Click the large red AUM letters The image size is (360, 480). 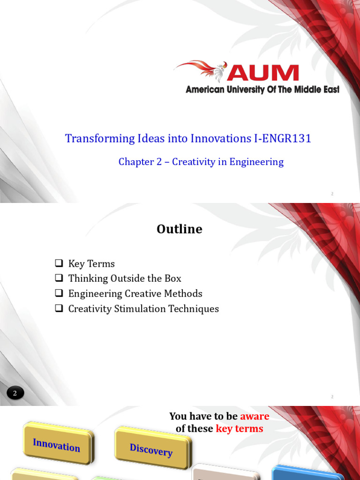click(263, 73)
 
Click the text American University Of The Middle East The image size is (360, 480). click(262, 90)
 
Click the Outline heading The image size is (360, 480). click(180, 229)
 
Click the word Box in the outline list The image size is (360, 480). click(172, 278)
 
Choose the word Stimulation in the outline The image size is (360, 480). click(141, 309)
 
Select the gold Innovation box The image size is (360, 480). click(57, 444)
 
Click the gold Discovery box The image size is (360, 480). click(151, 450)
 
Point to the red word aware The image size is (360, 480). click(255, 416)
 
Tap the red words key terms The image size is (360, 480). click(239, 428)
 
